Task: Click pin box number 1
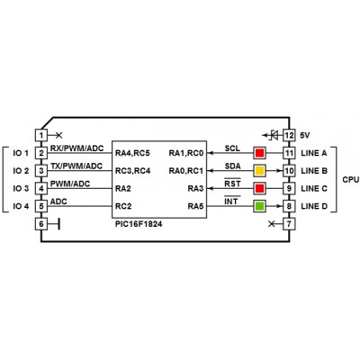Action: [41, 135]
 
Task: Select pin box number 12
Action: [289, 135]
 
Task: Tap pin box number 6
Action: [41, 224]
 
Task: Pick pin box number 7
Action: [289, 224]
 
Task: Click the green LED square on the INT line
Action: [259, 206]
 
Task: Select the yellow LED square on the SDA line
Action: [259, 171]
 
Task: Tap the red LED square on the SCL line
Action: [259, 153]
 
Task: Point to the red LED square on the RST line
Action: [259, 188]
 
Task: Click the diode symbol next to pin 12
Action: [274, 135]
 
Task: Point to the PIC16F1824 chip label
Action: [139, 224]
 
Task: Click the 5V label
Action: [305, 136]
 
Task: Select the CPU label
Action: [351, 180]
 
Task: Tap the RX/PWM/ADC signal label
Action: [76, 148]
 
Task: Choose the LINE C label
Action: [314, 189]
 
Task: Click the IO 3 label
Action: [21, 189]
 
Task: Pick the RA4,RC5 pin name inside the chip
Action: [132, 153]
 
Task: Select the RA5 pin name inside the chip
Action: [195, 206]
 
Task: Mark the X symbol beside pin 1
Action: [59, 135]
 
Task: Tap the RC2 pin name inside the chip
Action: [123, 206]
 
